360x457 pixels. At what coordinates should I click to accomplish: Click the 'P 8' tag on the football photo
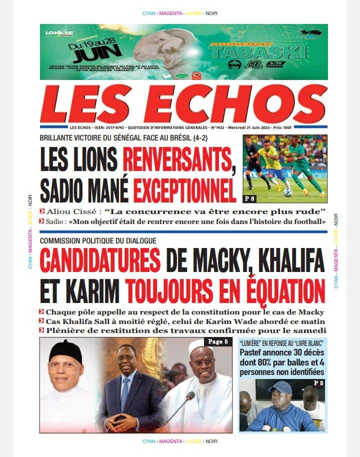[x=251, y=199]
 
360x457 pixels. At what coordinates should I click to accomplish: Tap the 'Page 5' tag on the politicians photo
[x=217, y=342]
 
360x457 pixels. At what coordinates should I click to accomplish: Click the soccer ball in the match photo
[x=287, y=192]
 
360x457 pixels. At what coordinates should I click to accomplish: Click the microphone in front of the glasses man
[x=188, y=397]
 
